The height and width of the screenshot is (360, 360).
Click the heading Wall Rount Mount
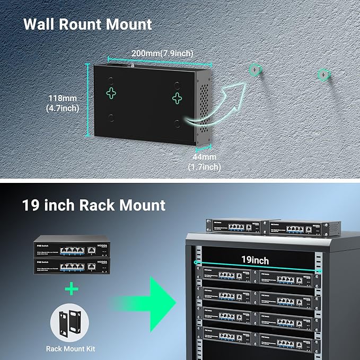[x=87, y=24]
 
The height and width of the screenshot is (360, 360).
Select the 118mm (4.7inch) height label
[x=62, y=103]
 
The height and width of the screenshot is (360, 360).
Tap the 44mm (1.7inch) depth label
[x=204, y=162]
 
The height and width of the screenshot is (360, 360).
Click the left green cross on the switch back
[x=111, y=94]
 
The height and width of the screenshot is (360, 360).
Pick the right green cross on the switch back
[x=178, y=96]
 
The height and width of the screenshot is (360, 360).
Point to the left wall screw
[x=256, y=70]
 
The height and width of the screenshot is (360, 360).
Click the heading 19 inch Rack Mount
[x=94, y=205]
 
